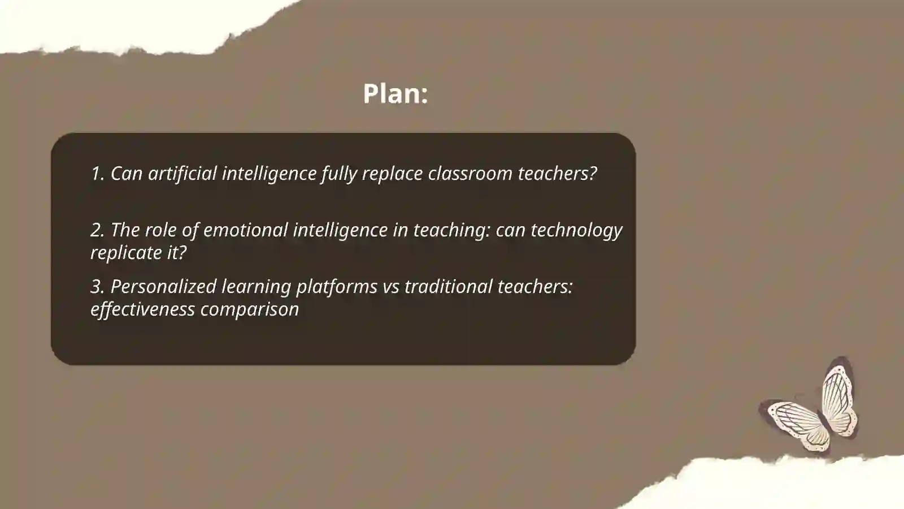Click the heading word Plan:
click(x=395, y=93)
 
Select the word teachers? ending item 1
click(x=557, y=174)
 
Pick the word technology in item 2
click(x=576, y=230)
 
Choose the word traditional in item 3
click(x=448, y=287)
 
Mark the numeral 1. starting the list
click(x=98, y=174)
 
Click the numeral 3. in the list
click(x=98, y=287)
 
